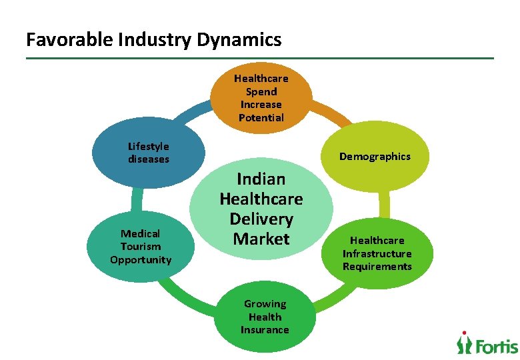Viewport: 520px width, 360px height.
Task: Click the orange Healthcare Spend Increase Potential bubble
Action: (261, 98)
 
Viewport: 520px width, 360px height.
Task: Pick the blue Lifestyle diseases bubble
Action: (149, 153)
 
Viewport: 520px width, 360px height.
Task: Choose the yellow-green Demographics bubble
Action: (375, 157)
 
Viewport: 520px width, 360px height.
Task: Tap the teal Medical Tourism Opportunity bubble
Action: (141, 247)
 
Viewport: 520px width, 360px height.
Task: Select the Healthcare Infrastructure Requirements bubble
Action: (377, 253)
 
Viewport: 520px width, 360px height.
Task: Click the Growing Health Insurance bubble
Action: (265, 317)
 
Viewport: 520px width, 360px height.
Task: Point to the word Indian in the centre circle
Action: (261, 179)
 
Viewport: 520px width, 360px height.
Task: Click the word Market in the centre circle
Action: (261, 239)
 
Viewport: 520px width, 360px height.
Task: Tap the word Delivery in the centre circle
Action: (261, 219)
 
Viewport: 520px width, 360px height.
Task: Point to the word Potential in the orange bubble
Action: (261, 118)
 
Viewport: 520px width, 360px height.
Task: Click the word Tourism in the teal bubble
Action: (141, 247)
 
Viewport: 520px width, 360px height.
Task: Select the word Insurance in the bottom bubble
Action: (265, 330)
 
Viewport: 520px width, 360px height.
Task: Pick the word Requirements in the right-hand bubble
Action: (377, 267)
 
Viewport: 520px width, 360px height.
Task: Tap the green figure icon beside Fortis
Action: (464, 342)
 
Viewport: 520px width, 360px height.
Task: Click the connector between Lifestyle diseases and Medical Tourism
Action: (137, 199)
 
